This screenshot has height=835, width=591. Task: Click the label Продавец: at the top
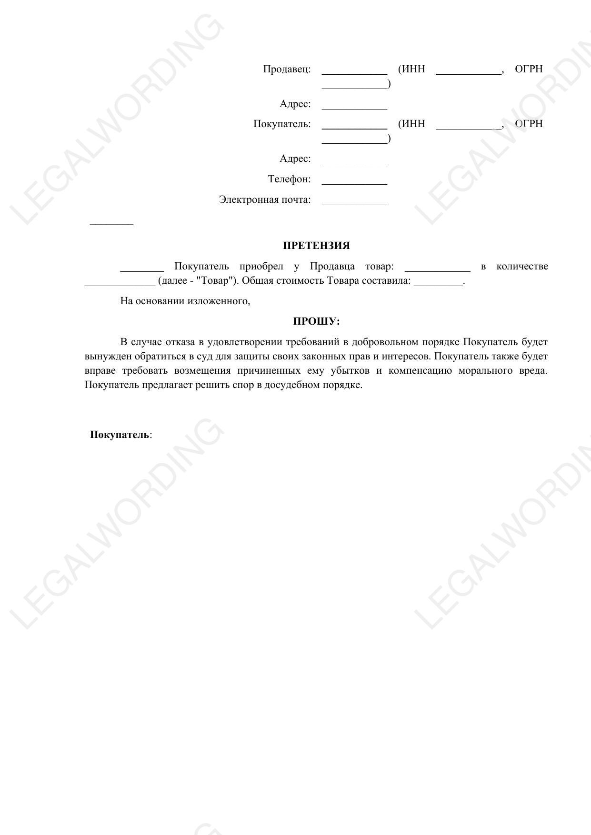pyautogui.click(x=287, y=69)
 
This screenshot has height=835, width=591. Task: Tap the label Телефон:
pyautogui.click(x=289, y=179)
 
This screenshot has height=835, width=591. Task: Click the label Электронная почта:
pyautogui.click(x=265, y=199)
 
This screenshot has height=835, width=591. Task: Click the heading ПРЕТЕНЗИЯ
pyautogui.click(x=316, y=246)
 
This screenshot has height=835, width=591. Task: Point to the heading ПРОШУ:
pyautogui.click(x=316, y=321)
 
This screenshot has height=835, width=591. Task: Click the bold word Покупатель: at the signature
pyautogui.click(x=120, y=435)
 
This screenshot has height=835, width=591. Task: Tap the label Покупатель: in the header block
pyautogui.click(x=282, y=124)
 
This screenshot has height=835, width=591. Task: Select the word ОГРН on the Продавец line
pyautogui.click(x=529, y=69)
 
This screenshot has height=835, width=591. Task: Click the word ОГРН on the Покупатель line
pyautogui.click(x=529, y=124)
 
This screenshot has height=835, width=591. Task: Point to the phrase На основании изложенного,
pyautogui.click(x=185, y=301)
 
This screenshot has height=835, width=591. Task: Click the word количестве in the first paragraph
pyautogui.click(x=522, y=266)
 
